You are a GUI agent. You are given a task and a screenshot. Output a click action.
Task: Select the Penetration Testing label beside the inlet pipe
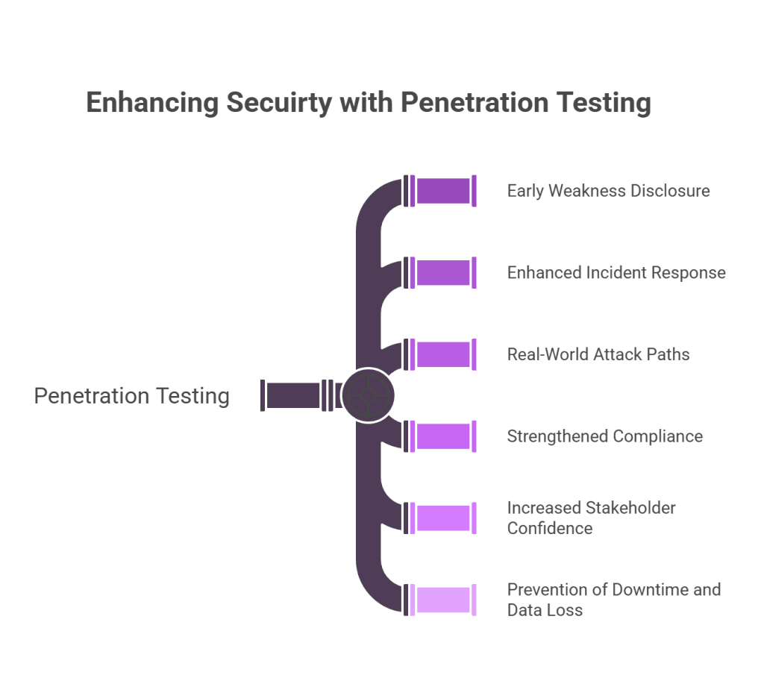(x=132, y=395)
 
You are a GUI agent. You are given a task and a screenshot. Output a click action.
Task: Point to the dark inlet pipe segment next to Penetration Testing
(x=293, y=395)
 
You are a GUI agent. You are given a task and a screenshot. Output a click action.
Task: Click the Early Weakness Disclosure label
(x=608, y=191)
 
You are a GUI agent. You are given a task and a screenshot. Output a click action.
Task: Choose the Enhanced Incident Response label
(x=616, y=273)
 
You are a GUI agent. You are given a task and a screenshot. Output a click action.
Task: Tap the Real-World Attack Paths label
(x=598, y=354)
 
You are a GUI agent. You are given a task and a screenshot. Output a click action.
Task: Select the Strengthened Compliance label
(x=604, y=436)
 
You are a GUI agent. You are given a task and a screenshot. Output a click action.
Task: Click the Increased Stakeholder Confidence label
(x=591, y=518)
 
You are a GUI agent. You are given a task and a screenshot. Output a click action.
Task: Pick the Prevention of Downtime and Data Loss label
(x=613, y=600)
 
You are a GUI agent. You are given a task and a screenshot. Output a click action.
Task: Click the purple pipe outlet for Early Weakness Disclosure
(x=443, y=191)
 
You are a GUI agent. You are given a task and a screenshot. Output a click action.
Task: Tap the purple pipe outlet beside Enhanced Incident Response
(x=443, y=273)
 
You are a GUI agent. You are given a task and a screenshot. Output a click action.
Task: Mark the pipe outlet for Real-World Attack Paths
(x=443, y=354)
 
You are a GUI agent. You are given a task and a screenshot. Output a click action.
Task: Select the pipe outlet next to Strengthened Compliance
(x=443, y=436)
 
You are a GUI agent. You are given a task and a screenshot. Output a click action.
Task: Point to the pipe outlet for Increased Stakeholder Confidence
(x=443, y=518)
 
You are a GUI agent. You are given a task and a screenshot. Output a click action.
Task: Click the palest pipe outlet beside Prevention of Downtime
(x=443, y=600)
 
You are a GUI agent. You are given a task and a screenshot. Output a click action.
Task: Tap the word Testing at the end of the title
(x=608, y=102)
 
